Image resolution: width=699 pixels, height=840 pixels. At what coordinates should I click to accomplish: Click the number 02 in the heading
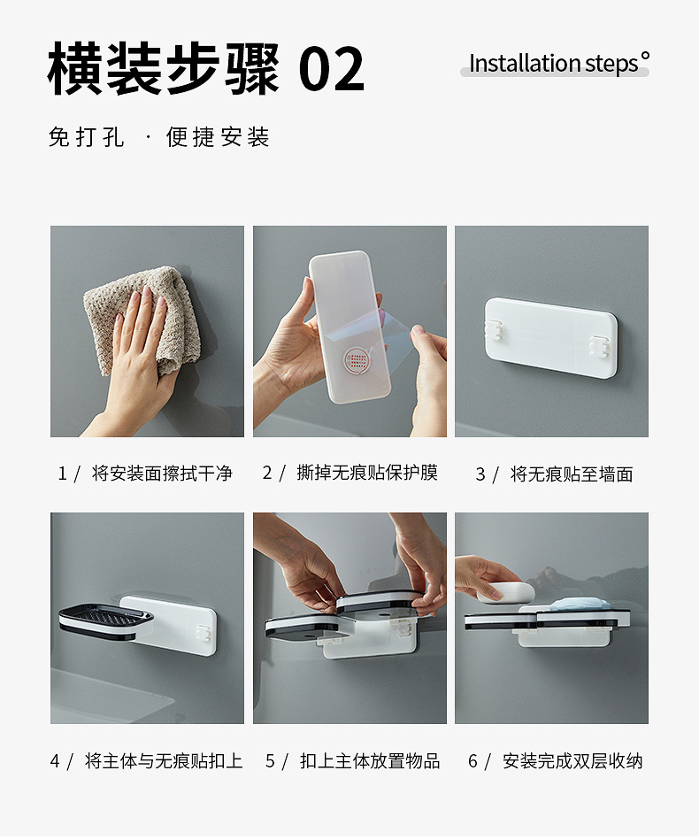coord(332,69)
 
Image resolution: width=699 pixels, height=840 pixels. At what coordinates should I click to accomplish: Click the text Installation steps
coord(553,64)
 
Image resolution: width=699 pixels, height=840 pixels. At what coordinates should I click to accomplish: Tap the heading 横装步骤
coord(163,69)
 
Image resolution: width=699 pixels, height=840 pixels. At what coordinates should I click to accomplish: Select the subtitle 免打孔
coord(87,137)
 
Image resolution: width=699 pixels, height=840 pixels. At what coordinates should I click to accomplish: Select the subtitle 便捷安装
coord(218,137)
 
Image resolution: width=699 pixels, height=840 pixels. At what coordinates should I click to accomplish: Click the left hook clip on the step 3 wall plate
coord(495,332)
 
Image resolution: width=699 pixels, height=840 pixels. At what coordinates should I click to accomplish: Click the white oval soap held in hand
coord(506,591)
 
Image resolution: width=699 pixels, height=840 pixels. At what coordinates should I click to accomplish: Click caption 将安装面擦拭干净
coord(162,474)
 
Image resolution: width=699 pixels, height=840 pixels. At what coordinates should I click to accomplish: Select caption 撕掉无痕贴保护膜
coord(367,473)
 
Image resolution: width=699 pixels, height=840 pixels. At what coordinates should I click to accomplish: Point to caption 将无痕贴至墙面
coord(572,474)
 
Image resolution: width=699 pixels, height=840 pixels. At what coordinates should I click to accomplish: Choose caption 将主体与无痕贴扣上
coord(164,760)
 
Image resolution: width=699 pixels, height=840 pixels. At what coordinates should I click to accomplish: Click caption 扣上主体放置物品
coord(370,760)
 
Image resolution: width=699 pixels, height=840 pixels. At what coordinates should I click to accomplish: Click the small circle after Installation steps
coord(645,58)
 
